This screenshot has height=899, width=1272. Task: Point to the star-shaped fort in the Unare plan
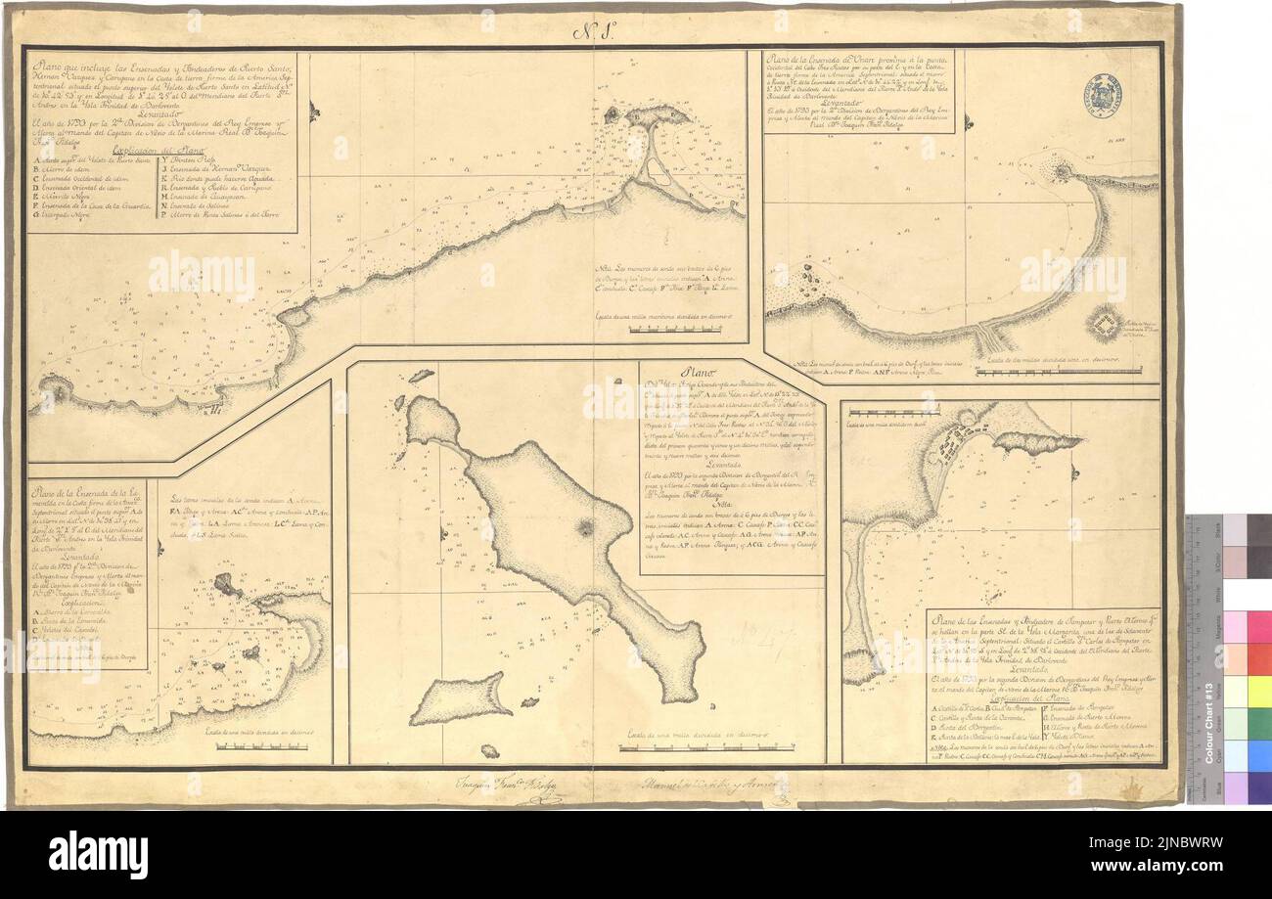point(1105,323)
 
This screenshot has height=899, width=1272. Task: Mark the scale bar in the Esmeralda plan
point(255,745)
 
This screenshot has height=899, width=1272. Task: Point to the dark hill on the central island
point(586,528)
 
